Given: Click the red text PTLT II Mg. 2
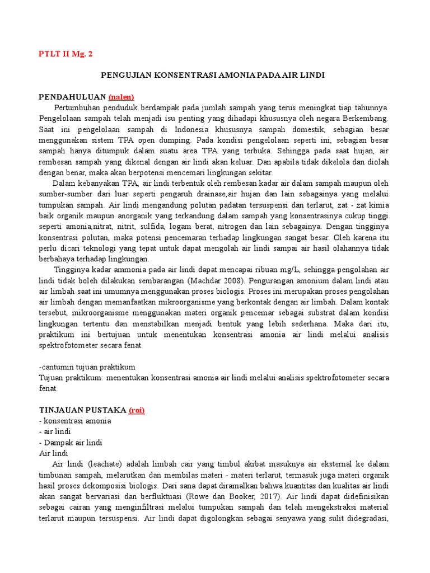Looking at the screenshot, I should click(x=66, y=54).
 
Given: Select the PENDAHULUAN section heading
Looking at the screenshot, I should click(x=72, y=96).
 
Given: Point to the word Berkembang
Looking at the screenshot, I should click(x=363, y=118).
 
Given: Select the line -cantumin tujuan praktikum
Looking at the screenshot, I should click(x=87, y=367).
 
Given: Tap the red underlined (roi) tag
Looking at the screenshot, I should click(x=137, y=410).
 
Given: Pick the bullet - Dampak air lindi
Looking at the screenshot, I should click(x=71, y=443).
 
